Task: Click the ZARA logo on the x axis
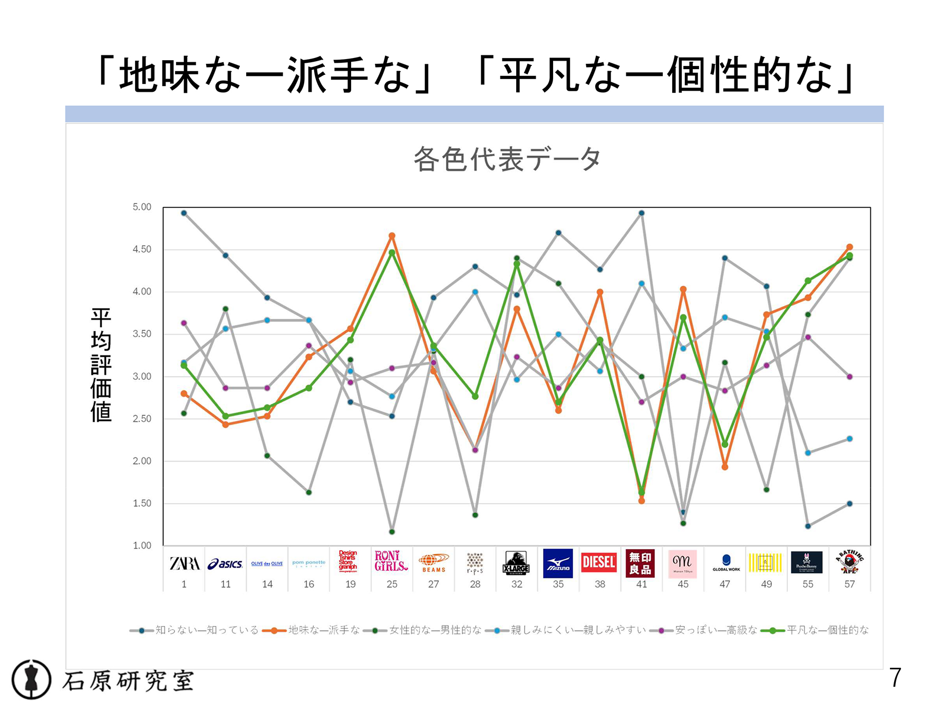pos(184,564)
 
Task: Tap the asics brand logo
pos(225,564)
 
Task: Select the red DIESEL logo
pos(599,563)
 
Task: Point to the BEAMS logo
pos(433,563)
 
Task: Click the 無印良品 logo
pos(641,564)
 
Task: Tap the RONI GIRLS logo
pos(391,562)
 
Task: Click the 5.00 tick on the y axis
pos(142,207)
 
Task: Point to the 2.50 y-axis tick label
pos(142,419)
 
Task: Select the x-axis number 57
pos(849,584)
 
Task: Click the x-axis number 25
pos(392,584)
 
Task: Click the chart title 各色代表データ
pos(507,159)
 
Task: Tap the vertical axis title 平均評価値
pos(101,365)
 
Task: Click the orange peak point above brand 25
pos(392,236)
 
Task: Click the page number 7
pos(895,678)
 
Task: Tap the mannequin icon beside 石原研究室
pos(32,679)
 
